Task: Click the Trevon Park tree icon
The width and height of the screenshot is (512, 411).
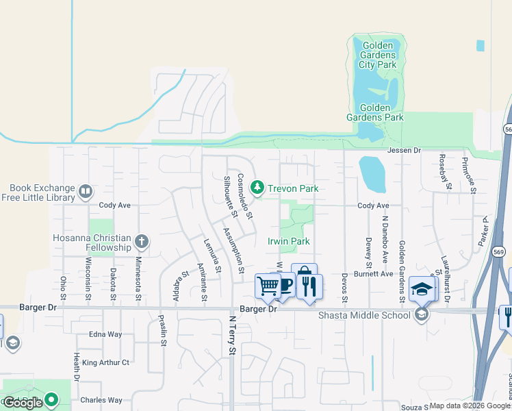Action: click(257, 187)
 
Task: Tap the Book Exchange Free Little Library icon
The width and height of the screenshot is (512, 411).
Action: click(86, 191)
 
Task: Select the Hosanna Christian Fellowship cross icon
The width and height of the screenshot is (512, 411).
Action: click(142, 241)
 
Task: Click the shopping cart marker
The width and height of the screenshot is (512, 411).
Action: click(267, 286)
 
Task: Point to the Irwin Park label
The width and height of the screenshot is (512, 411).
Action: click(289, 241)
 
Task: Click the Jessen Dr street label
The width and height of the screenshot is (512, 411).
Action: click(403, 150)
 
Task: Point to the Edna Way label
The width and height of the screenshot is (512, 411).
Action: click(105, 334)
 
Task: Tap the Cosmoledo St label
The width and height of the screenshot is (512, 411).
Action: click(245, 196)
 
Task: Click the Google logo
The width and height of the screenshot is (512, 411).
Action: click(23, 403)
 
